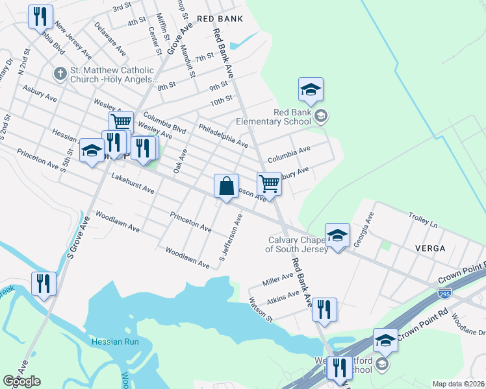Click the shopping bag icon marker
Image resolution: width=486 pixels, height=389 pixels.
pos(225,187)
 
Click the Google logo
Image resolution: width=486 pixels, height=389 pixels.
pos(21,381)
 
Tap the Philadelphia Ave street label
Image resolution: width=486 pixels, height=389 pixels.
pos(223,135)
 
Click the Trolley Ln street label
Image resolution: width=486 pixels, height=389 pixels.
pos(423,220)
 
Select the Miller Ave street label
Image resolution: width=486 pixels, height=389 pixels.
pos(277,280)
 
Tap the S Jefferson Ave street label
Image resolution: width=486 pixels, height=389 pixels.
pos(231,239)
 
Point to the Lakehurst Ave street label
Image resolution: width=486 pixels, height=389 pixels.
pos(133,183)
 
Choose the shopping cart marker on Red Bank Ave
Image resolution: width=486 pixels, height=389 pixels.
pos(269,184)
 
